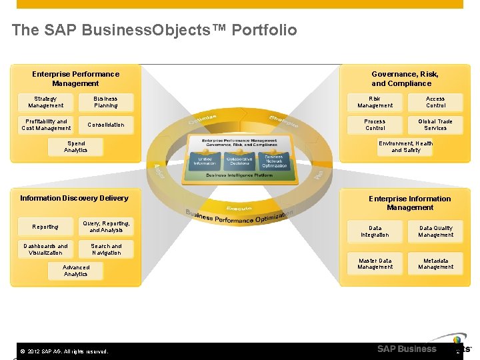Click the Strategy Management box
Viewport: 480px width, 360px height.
pos(46,102)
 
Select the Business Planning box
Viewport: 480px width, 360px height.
pos(106,102)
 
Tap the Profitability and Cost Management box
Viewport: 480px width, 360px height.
pos(46,125)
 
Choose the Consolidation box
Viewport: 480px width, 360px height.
pos(106,125)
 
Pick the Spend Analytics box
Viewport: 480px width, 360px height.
pos(75,147)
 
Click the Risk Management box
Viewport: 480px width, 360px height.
pos(375,102)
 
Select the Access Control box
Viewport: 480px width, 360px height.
pos(435,102)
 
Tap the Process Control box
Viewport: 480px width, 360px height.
pos(375,125)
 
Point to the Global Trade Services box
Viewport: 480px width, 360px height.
pos(435,125)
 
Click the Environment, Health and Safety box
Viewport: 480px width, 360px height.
pos(406,147)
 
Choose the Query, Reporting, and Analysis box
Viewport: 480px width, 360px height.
pos(106,227)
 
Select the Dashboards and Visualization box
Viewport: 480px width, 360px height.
pos(46,249)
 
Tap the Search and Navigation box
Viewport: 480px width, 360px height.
pos(106,249)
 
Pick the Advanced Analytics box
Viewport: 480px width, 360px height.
pos(75,271)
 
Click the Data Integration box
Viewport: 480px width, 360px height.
pos(375,231)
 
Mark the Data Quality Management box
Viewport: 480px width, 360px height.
pos(435,231)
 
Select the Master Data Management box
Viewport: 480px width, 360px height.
pos(375,263)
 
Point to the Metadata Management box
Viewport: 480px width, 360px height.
pos(435,263)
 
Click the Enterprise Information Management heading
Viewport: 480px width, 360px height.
pos(410,203)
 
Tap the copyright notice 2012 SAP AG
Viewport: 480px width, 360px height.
pos(65,351)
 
